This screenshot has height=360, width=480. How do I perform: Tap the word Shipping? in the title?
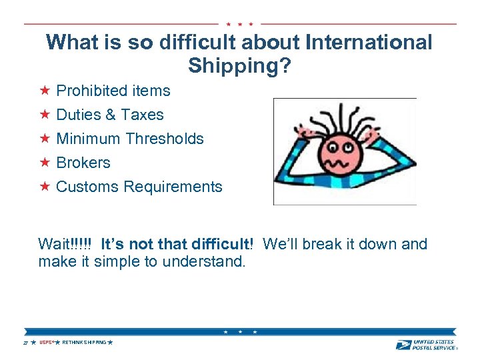(x=239, y=66)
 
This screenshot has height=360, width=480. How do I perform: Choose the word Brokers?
(x=83, y=163)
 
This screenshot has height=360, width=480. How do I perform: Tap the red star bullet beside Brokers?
(x=45, y=162)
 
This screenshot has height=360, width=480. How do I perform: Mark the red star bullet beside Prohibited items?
(x=45, y=90)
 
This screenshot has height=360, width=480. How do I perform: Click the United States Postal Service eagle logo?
(x=403, y=344)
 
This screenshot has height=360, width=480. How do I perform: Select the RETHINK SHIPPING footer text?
(x=84, y=342)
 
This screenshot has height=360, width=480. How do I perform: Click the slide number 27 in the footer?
(x=25, y=343)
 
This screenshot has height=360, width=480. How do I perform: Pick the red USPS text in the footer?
(x=45, y=342)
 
